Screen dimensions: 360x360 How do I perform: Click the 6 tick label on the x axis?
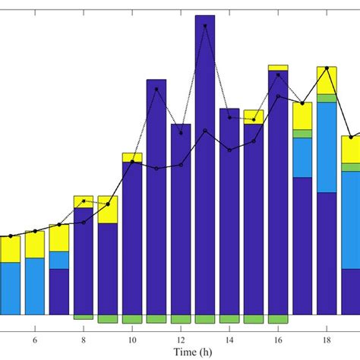(35, 339)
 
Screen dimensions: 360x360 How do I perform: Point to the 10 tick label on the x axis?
(132, 339)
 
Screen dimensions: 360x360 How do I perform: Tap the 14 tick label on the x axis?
(229, 339)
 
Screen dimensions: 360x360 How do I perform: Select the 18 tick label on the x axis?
(327, 339)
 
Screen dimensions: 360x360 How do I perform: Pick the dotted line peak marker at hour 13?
(205, 26)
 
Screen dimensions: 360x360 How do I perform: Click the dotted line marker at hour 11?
(156, 89)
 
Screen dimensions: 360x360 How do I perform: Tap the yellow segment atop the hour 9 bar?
(108, 210)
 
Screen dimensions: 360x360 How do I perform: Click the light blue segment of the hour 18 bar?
(327, 147)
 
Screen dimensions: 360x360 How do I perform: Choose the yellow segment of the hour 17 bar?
(302, 116)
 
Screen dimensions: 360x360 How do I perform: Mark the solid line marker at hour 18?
(327, 68)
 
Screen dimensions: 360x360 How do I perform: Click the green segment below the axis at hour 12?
(181, 319)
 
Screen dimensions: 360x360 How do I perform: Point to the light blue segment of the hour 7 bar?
(59, 260)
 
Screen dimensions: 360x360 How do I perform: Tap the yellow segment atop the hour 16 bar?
(278, 68)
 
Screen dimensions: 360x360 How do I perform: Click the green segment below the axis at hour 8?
(84, 317)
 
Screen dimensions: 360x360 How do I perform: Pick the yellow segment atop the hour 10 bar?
(132, 157)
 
